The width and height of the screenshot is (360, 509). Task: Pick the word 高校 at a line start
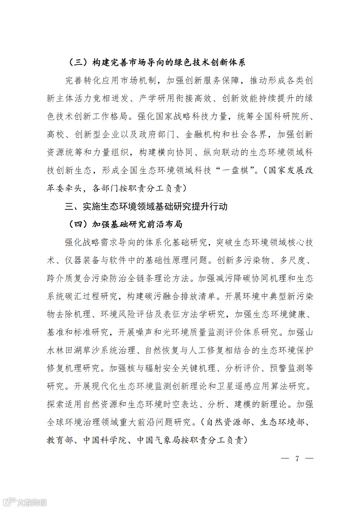[x=55, y=135]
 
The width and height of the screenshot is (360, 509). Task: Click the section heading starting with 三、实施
[x=146, y=206]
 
